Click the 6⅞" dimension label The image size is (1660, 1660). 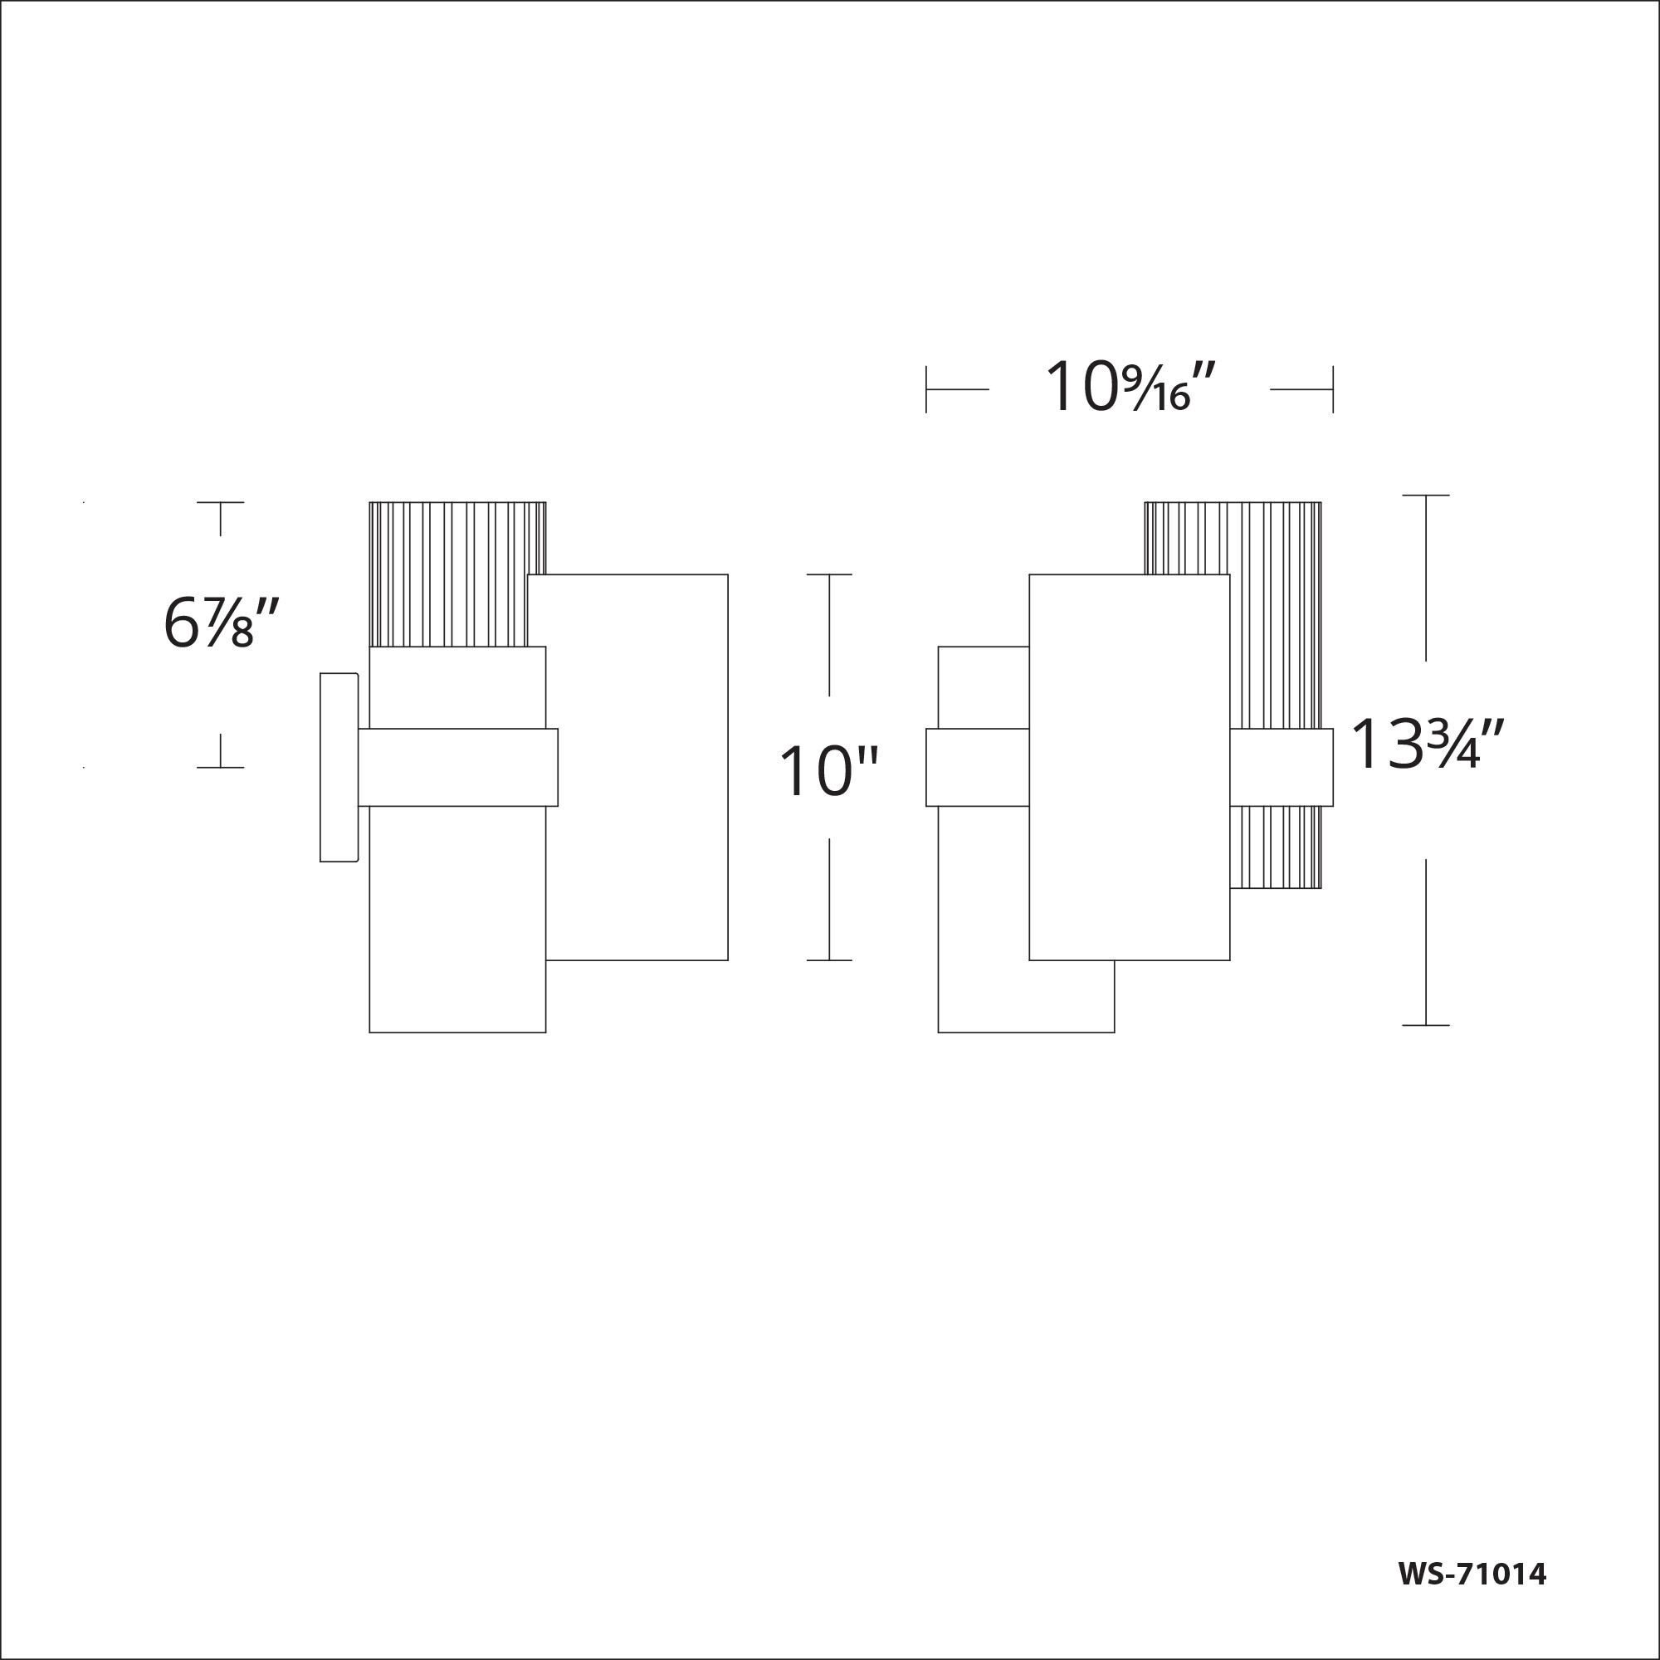[x=222, y=624]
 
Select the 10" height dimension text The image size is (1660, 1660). [x=828, y=772]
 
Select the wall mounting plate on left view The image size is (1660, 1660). [x=338, y=767]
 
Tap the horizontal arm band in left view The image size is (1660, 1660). [x=457, y=767]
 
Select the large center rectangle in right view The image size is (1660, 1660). [x=1129, y=767]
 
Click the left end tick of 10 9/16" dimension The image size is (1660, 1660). [x=926, y=389]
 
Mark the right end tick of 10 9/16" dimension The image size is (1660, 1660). [x=1333, y=389]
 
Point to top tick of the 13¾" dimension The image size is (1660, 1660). [x=1425, y=496]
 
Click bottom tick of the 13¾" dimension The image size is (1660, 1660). [x=1425, y=1025]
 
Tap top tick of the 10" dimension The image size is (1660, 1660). [x=829, y=575]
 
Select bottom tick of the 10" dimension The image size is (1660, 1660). [x=829, y=959]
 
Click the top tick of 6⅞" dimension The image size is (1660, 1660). [x=220, y=503]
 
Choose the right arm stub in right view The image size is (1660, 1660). [x=1281, y=767]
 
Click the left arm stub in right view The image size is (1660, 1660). [x=977, y=767]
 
